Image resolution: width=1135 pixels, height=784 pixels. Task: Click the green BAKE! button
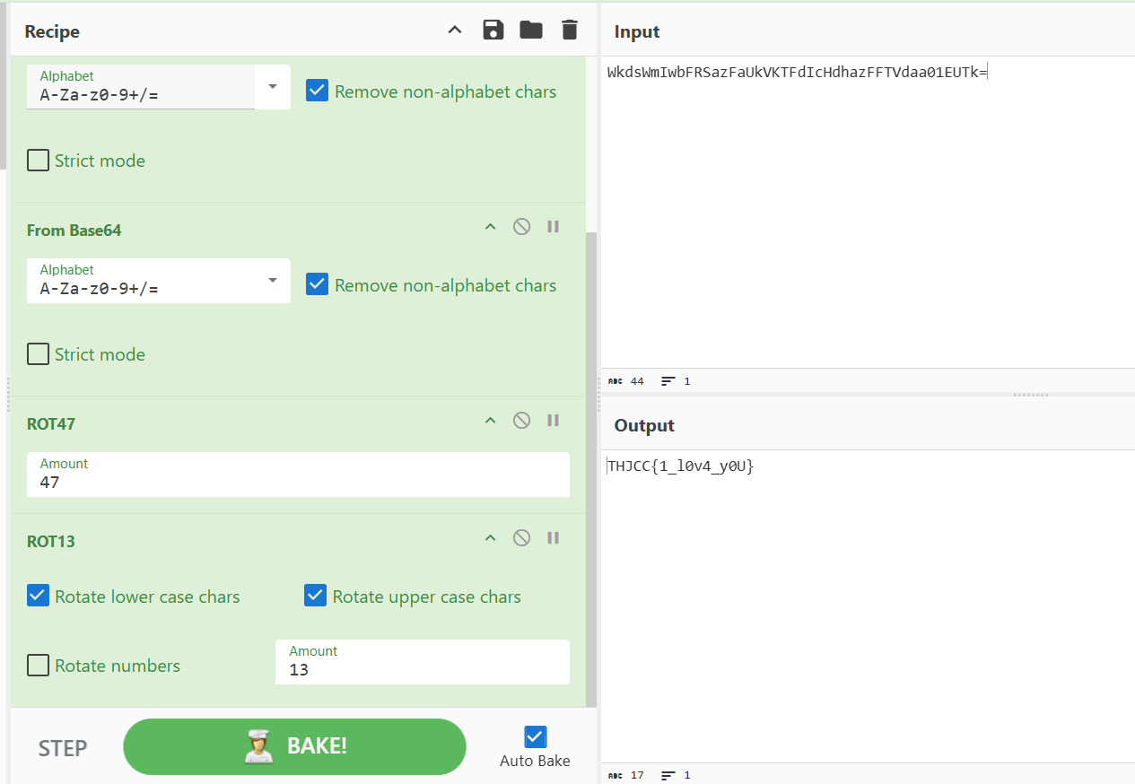point(294,746)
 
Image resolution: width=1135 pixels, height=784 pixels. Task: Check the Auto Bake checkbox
point(535,736)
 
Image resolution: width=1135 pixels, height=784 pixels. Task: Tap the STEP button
point(63,748)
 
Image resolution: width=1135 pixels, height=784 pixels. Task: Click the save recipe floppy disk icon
point(493,30)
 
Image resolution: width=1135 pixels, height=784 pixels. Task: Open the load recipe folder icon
point(531,30)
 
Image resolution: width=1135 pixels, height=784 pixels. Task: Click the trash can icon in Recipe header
point(570,30)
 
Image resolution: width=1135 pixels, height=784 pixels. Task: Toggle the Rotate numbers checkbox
point(38,665)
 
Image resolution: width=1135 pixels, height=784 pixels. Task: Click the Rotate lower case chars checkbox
point(38,596)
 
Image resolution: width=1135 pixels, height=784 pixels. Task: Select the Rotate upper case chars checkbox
point(315,596)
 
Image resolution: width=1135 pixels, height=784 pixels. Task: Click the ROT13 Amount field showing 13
point(422,662)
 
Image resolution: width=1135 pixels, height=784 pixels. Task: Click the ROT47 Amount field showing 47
point(298,475)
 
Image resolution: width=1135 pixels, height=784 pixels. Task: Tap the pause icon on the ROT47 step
point(554,421)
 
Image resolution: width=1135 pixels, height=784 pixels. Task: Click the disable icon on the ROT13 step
point(521,538)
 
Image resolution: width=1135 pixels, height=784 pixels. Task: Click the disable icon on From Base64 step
point(521,226)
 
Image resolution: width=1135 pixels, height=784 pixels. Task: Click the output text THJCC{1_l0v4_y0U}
point(680,466)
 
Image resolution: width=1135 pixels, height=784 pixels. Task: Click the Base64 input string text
point(797,73)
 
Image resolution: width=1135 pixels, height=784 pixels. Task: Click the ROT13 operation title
point(50,542)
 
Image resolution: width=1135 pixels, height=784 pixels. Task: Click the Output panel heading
point(644,425)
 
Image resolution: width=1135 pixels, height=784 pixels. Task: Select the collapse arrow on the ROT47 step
point(490,421)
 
